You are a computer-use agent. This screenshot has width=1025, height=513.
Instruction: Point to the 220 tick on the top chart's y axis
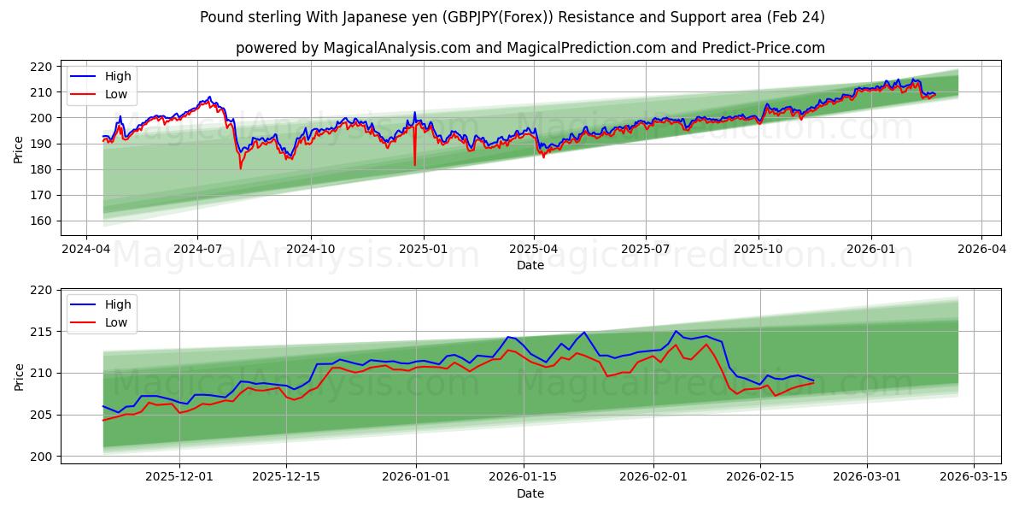tap(42, 67)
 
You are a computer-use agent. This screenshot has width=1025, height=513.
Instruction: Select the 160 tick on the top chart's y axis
tap(42, 221)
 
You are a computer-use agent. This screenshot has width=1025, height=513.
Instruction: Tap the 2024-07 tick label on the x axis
tap(197, 249)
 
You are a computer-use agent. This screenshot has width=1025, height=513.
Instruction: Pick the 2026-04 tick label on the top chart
tap(981, 249)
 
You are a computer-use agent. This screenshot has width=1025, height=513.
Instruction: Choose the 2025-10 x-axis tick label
tap(758, 249)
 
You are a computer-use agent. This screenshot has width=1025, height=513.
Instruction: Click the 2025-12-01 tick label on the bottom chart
tap(179, 477)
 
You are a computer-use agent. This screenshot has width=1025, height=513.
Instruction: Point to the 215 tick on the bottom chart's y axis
tap(42, 332)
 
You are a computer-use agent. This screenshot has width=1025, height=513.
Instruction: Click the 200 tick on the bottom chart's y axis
tap(42, 457)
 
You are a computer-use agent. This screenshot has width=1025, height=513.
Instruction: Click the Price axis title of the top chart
tap(19, 150)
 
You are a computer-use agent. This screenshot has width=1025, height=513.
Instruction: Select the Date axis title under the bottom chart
tap(530, 493)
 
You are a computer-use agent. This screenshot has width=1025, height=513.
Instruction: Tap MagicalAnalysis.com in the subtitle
tap(397, 48)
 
